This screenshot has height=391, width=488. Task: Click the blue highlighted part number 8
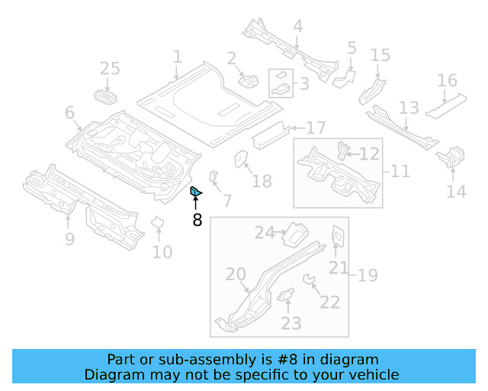click(x=194, y=191)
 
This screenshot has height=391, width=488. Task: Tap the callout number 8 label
click(x=197, y=221)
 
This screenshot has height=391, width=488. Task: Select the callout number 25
click(x=111, y=69)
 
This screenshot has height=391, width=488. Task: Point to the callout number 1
click(x=178, y=57)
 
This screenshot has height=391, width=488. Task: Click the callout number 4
click(x=297, y=27)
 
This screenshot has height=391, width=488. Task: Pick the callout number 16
click(x=448, y=80)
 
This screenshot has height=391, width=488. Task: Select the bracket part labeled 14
click(x=448, y=157)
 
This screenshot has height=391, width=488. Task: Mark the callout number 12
click(x=369, y=154)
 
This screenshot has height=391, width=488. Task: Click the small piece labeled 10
click(x=158, y=223)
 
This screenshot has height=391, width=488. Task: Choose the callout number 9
click(x=69, y=240)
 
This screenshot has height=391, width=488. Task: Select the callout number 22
click(x=329, y=302)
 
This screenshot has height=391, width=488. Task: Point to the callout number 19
click(x=368, y=275)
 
